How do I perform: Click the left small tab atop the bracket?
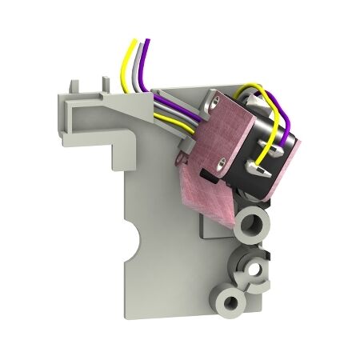point(74,84)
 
